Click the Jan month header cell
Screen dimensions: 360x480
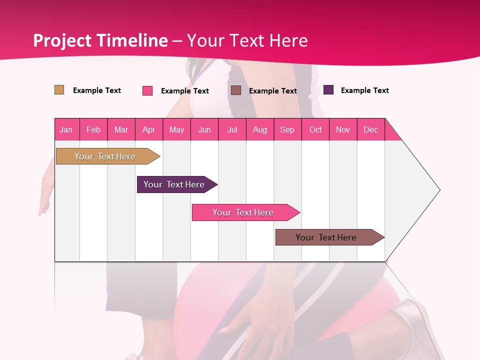66,129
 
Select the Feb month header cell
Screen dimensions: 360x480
93,129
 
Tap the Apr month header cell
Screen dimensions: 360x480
149,129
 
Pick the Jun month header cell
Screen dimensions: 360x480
204,129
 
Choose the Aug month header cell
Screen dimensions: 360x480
260,129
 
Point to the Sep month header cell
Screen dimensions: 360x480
287,129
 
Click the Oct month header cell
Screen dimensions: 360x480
315,129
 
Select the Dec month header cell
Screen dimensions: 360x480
371,129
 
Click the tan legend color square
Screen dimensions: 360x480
59,90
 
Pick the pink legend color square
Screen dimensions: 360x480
147,90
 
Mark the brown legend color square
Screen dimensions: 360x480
236,90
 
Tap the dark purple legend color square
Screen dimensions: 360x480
328,90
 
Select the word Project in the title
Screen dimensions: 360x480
62,40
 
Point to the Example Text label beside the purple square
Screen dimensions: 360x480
364,90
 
